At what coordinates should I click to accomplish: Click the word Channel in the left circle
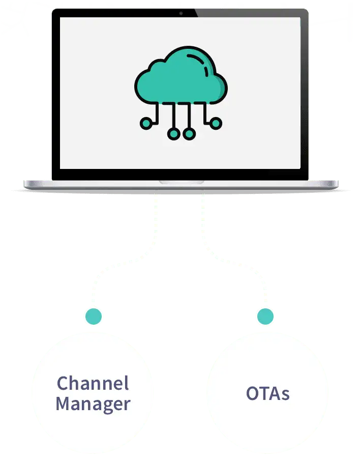(x=93, y=383)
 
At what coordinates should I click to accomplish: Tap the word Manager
(x=93, y=404)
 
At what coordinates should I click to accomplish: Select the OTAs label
(x=267, y=393)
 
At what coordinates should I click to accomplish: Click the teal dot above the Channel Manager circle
(x=93, y=317)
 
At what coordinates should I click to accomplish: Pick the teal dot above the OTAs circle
(x=265, y=317)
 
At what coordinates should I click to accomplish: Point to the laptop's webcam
(x=179, y=13)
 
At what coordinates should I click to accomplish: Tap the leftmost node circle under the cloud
(x=146, y=122)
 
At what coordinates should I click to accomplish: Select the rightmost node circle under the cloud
(x=216, y=123)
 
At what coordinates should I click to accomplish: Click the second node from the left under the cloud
(x=173, y=134)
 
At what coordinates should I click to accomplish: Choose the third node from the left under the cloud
(x=189, y=134)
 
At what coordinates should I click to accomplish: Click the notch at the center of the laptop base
(x=181, y=182)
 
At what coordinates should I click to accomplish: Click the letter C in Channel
(x=63, y=383)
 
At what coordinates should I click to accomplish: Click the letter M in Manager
(x=64, y=404)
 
